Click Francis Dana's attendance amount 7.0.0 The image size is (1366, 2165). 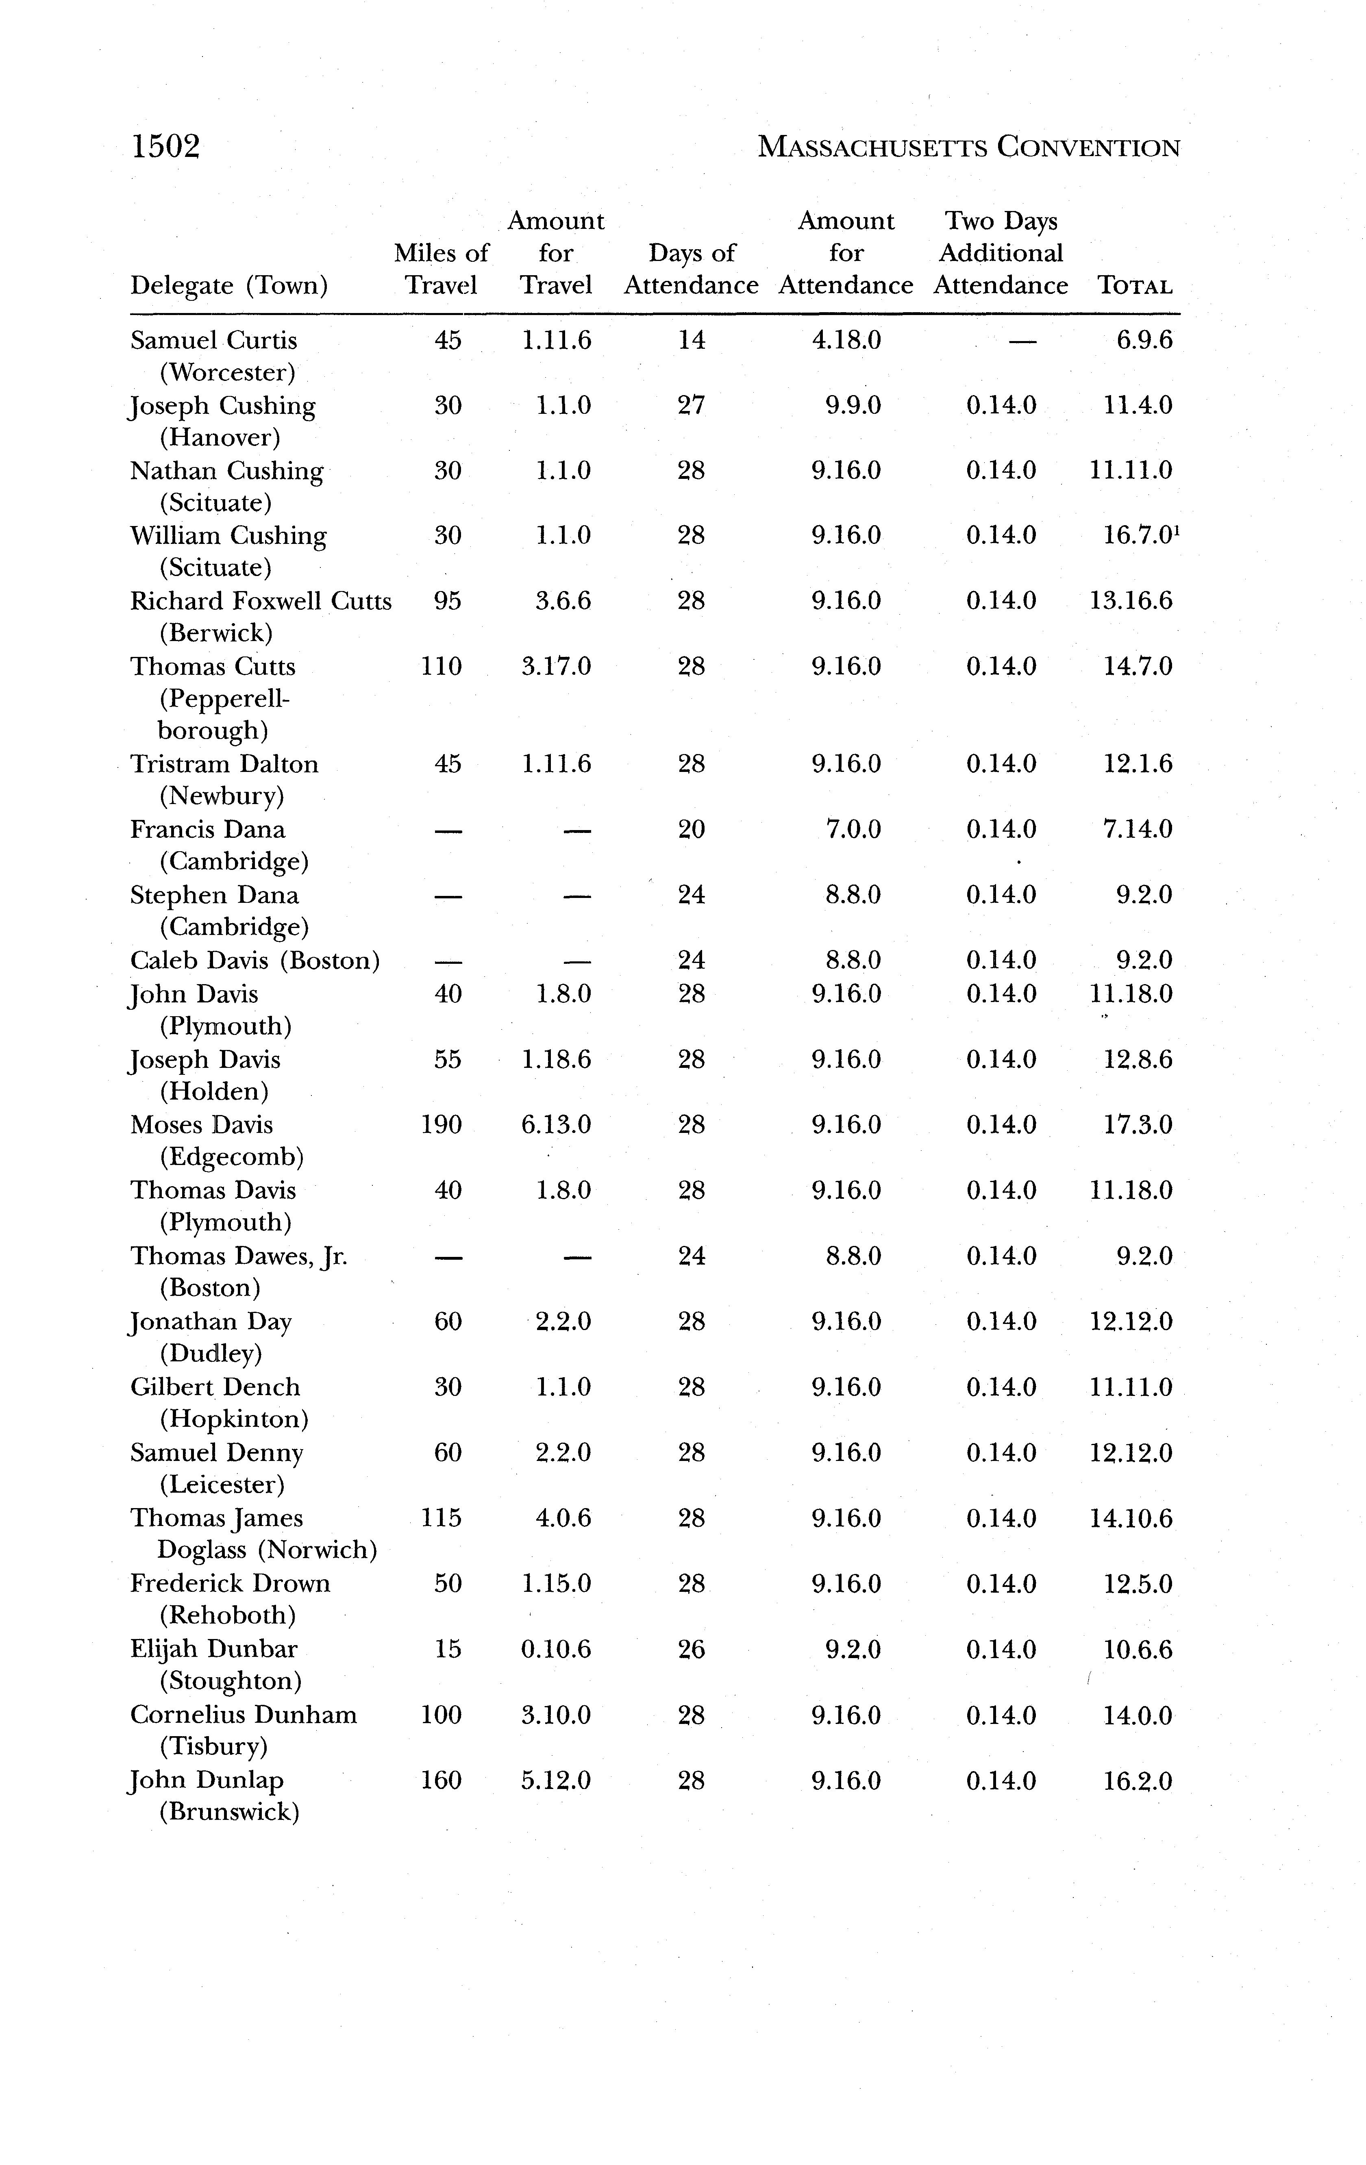point(853,829)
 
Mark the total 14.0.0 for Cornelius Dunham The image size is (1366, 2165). point(1138,1715)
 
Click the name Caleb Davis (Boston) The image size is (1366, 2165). point(254,960)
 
